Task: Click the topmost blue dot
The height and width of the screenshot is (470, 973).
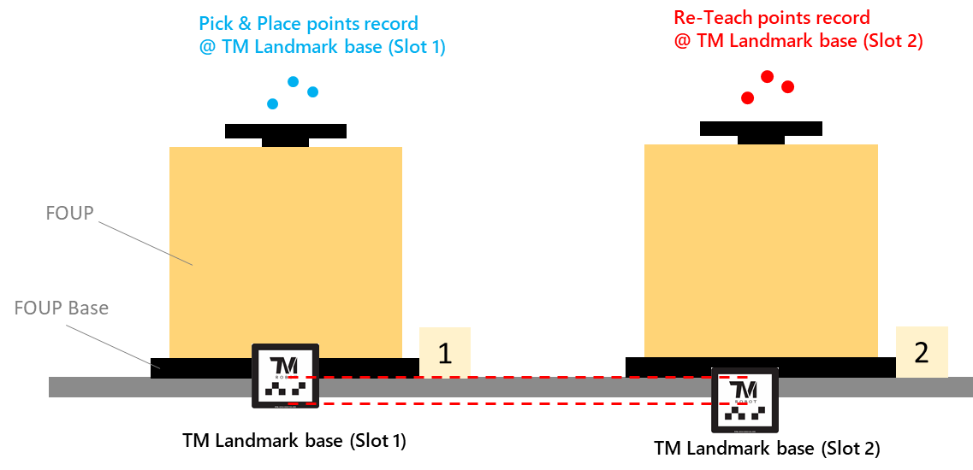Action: pos(294,82)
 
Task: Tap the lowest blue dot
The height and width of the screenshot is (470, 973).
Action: pos(272,104)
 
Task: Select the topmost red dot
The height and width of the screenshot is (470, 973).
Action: pos(767,77)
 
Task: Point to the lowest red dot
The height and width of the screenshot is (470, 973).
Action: pos(747,98)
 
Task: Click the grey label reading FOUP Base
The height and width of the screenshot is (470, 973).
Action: pos(62,308)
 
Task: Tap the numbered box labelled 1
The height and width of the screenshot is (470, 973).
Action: pos(445,352)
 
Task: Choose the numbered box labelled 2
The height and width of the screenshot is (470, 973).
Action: pos(922,352)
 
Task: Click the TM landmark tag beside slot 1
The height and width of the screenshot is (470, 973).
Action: pos(285,376)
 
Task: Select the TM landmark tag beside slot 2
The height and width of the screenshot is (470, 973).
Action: pos(745,400)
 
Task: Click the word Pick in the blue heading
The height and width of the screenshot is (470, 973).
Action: pos(215,23)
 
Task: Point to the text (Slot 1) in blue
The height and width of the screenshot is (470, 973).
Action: pos(417,47)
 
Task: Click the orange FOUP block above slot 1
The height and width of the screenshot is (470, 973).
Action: pos(286,252)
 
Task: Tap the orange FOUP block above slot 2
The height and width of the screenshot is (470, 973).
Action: pos(761,250)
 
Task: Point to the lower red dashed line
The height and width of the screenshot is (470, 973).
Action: pos(513,403)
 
